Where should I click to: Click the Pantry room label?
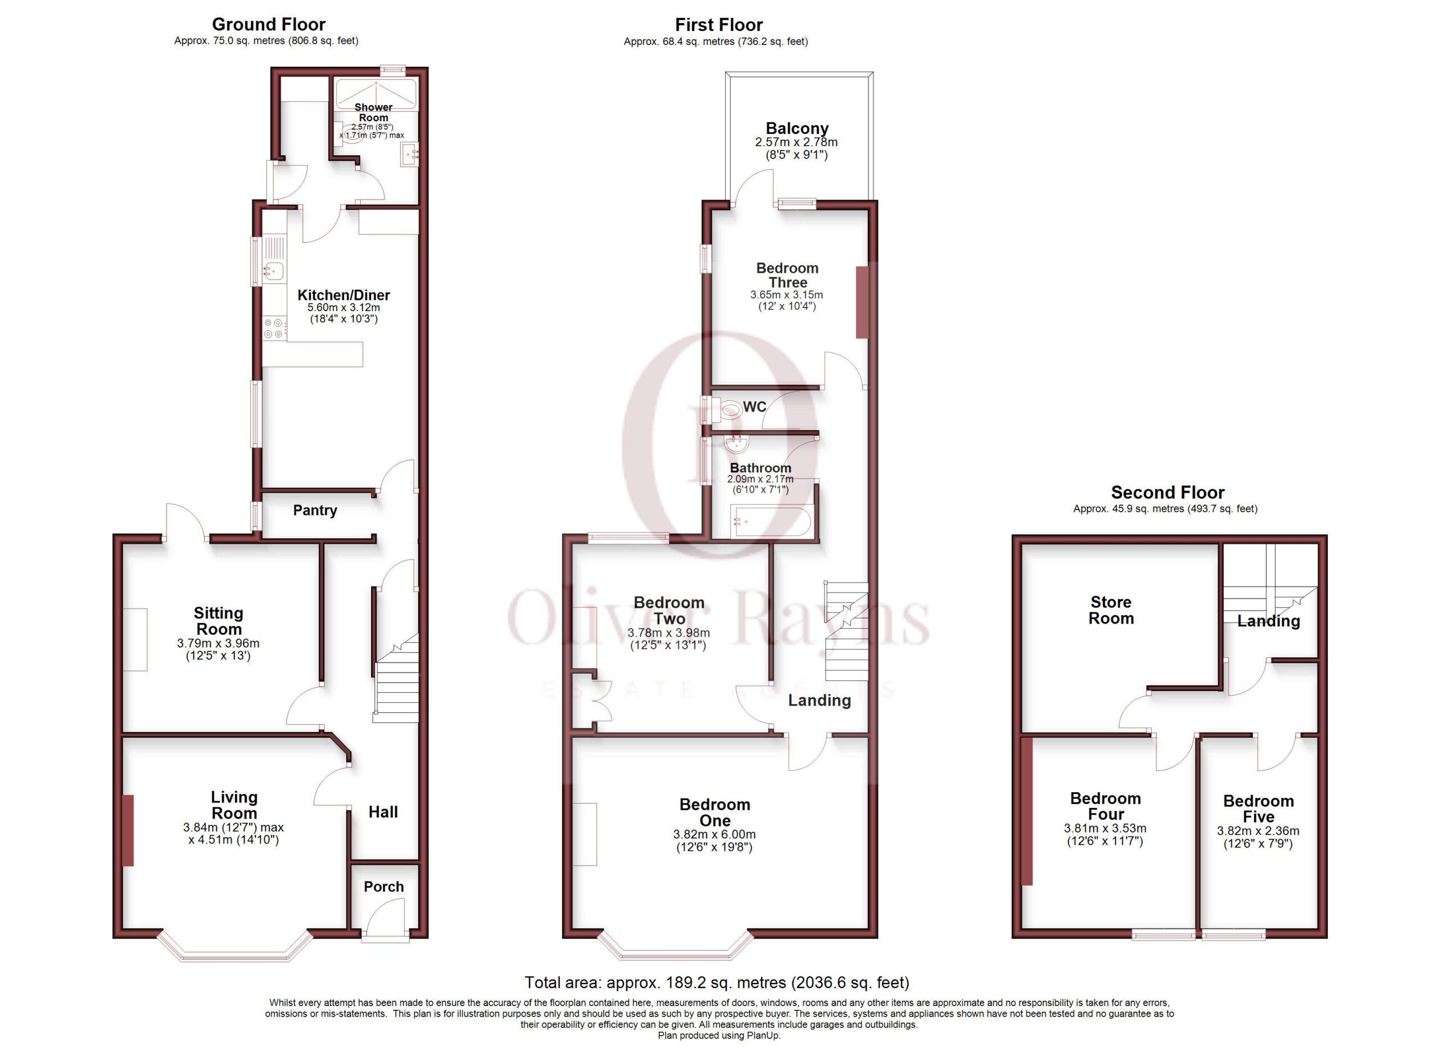[315, 510]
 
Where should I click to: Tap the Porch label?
[383, 886]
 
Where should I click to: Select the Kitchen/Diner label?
[343, 295]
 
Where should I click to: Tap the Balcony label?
[797, 128]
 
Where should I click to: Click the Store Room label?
[1110, 610]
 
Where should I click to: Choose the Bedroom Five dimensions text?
[1257, 837]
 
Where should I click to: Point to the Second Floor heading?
[1168, 492]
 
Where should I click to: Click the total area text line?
[717, 982]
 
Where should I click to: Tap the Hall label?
[383, 811]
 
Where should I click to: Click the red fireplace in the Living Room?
[128, 830]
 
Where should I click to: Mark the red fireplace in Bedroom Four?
[1027, 811]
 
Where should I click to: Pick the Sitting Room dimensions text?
[218, 649]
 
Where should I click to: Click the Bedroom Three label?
[788, 275]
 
